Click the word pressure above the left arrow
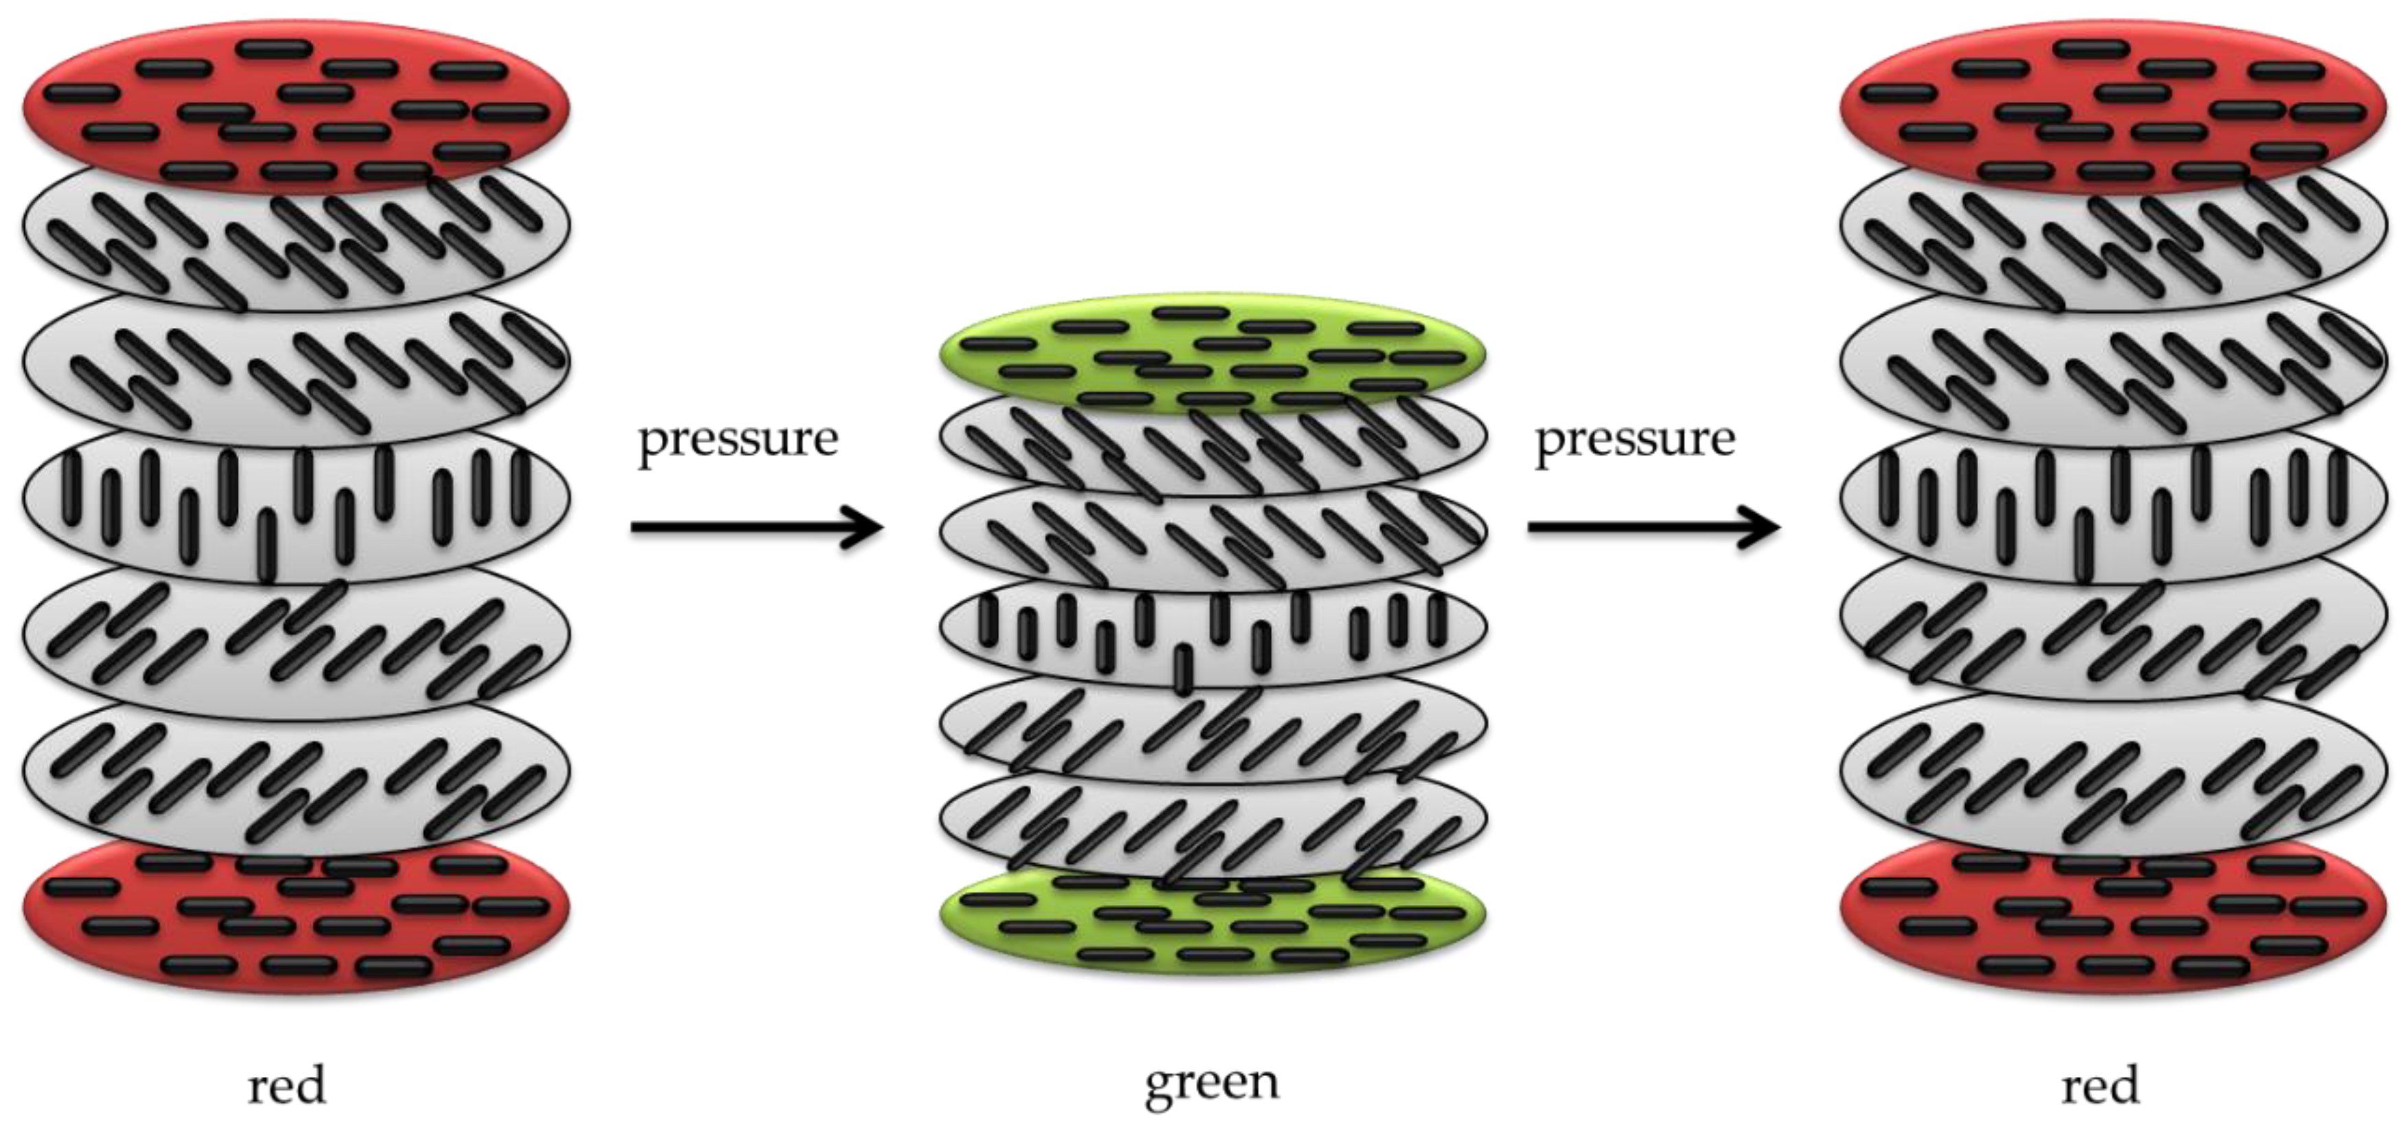point(737,438)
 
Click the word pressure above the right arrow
point(1635,438)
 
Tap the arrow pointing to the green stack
point(755,528)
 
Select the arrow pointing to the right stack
point(1653,528)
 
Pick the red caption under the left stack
point(287,1086)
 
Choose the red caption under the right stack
point(2100,1086)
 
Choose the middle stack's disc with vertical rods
point(1212,634)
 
